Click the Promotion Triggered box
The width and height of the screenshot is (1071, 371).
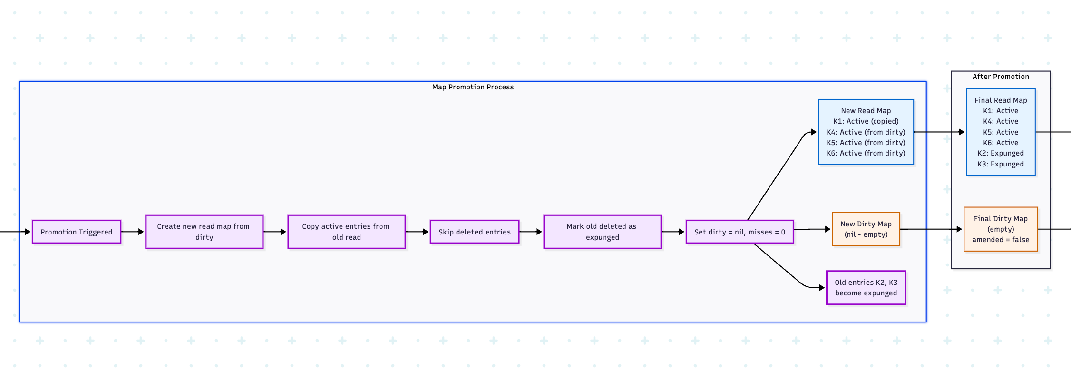pyautogui.click(x=76, y=232)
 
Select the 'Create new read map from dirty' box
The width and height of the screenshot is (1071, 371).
pyautogui.click(x=204, y=232)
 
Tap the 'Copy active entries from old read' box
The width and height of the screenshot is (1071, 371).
pyautogui.click(x=346, y=232)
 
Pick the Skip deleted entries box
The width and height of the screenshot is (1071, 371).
pyautogui.click(x=474, y=232)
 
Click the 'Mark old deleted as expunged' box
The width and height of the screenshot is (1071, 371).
pyautogui.click(x=602, y=232)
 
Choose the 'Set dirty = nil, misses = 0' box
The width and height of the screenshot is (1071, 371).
pyautogui.click(x=740, y=232)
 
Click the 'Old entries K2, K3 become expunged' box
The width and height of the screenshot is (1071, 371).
pyautogui.click(x=866, y=288)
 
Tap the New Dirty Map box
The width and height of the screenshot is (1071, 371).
pyautogui.click(x=866, y=229)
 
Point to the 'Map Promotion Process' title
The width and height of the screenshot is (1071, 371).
pyautogui.click(x=473, y=87)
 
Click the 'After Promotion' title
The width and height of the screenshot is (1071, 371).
pyautogui.click(x=1001, y=77)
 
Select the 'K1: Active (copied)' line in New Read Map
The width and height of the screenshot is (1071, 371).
pyautogui.click(x=866, y=121)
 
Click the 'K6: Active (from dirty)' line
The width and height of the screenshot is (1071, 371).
pyautogui.click(x=866, y=153)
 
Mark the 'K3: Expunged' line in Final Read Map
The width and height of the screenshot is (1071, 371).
pyautogui.click(x=1001, y=164)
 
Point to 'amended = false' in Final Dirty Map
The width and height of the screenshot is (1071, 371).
pyautogui.click(x=1001, y=240)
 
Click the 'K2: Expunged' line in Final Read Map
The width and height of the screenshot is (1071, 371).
pyautogui.click(x=1001, y=153)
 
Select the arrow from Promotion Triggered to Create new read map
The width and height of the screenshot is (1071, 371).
pyautogui.click(x=133, y=232)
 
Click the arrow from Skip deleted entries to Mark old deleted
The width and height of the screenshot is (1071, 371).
pyautogui.click(x=531, y=232)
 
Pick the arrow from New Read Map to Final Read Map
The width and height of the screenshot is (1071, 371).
pyautogui.click(x=939, y=132)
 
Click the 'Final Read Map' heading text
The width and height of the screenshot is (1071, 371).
pyautogui.click(x=1001, y=100)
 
